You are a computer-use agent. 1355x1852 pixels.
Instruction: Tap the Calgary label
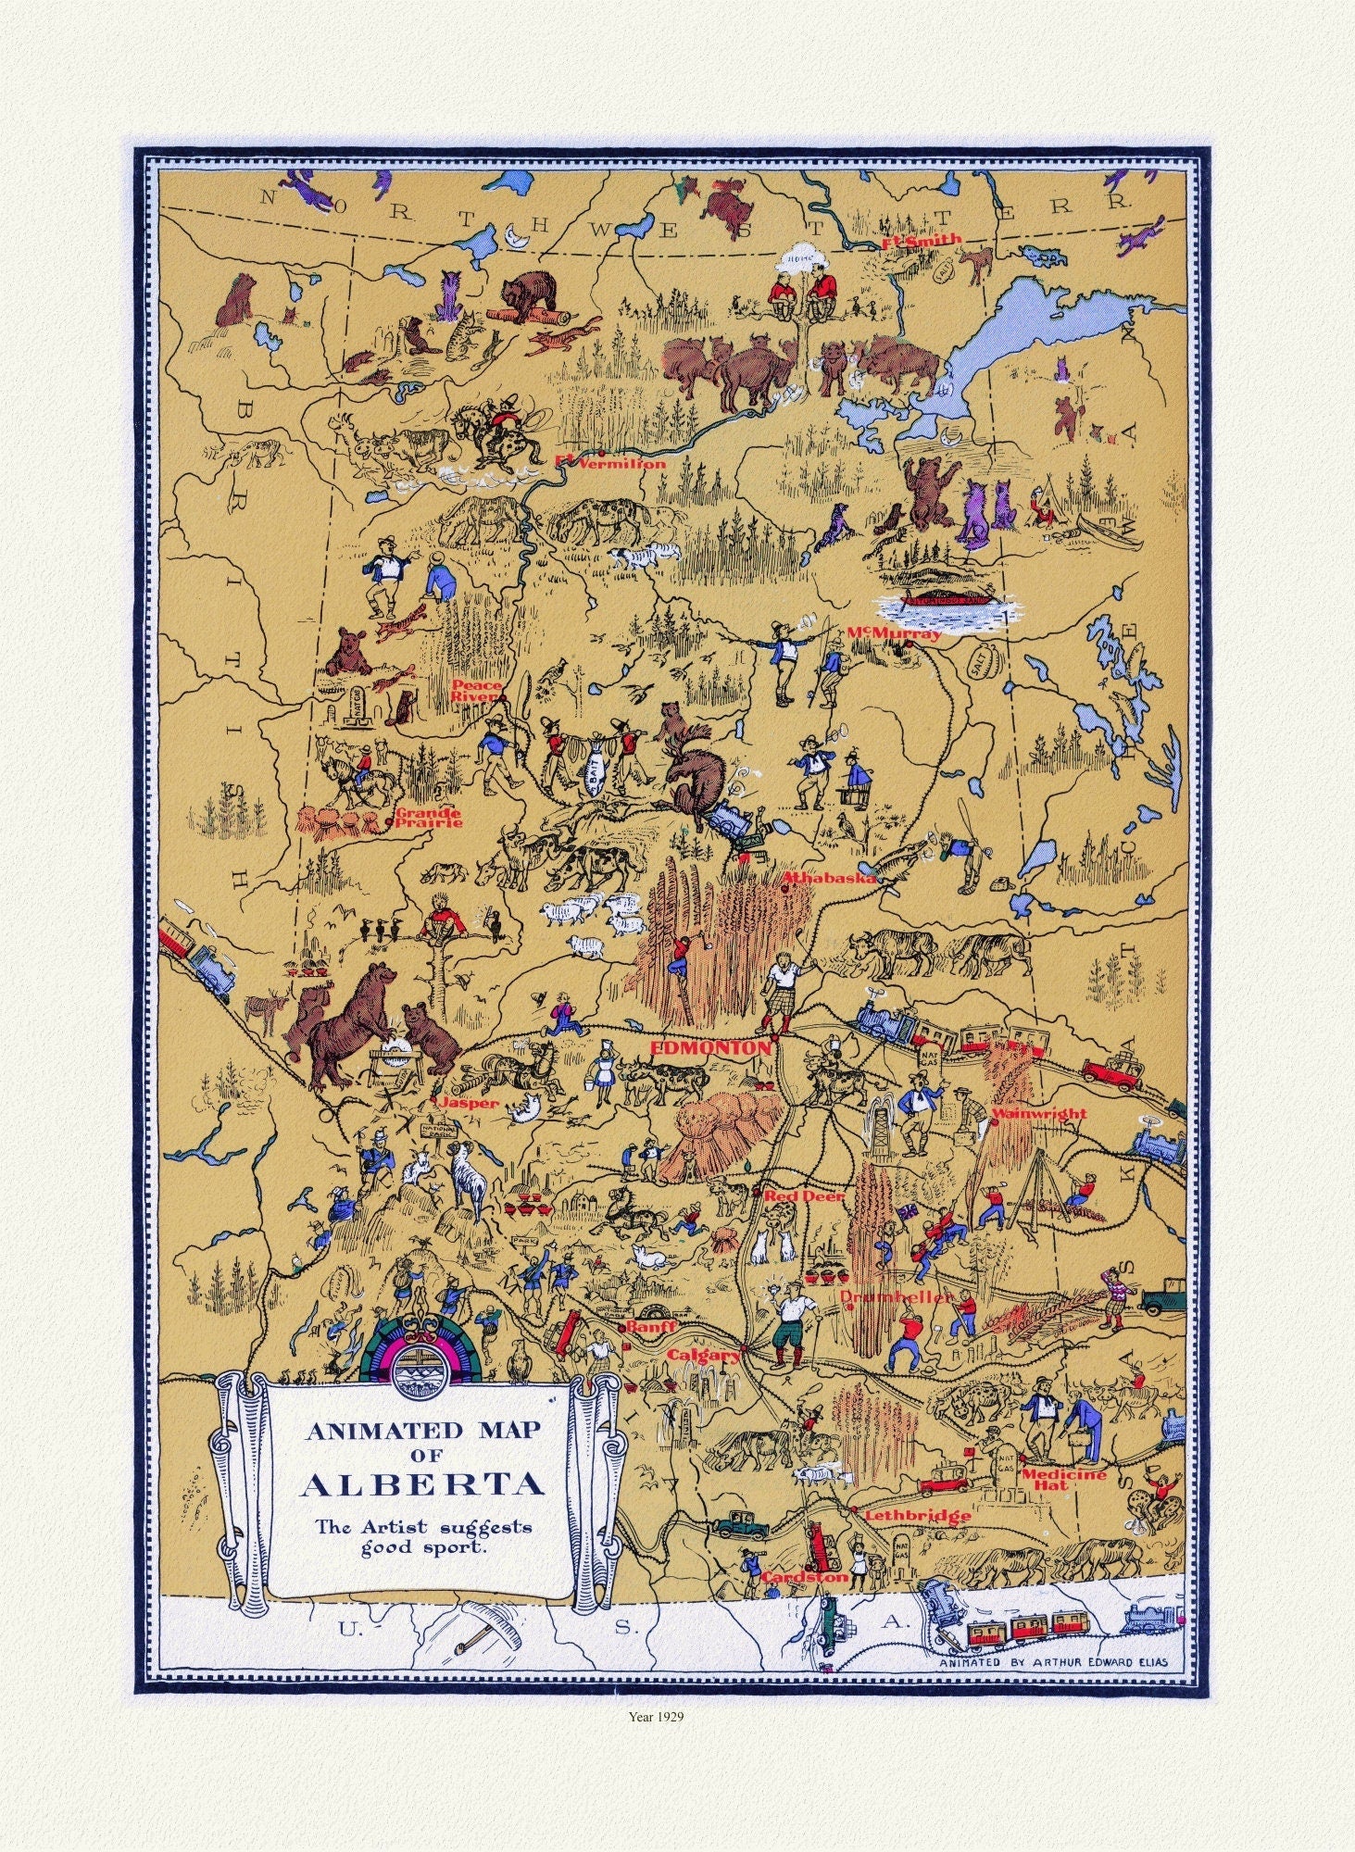point(704,1355)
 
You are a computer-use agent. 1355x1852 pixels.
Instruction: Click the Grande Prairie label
point(427,817)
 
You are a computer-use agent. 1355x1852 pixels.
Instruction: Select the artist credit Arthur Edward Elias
point(1053,1661)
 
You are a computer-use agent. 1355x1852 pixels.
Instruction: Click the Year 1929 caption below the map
point(674,1714)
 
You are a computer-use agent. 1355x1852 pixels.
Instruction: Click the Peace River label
point(476,691)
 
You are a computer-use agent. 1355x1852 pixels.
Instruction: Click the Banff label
point(646,1327)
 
